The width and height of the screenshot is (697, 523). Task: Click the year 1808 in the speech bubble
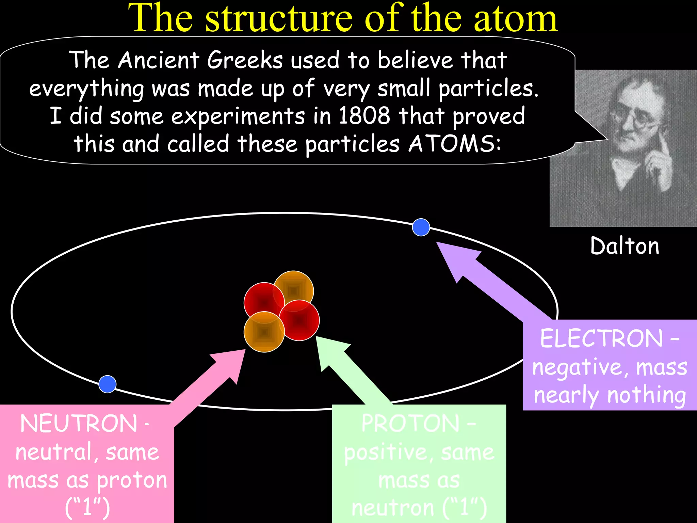point(364,116)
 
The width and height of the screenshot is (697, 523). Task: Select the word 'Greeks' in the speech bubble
point(245,60)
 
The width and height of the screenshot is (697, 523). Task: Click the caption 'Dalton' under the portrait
point(625,246)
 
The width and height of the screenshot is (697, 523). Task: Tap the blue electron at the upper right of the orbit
point(421,227)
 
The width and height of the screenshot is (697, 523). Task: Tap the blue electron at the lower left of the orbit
point(108,384)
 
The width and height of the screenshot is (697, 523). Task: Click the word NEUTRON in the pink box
point(79,424)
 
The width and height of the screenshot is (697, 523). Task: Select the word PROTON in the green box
point(410,424)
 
